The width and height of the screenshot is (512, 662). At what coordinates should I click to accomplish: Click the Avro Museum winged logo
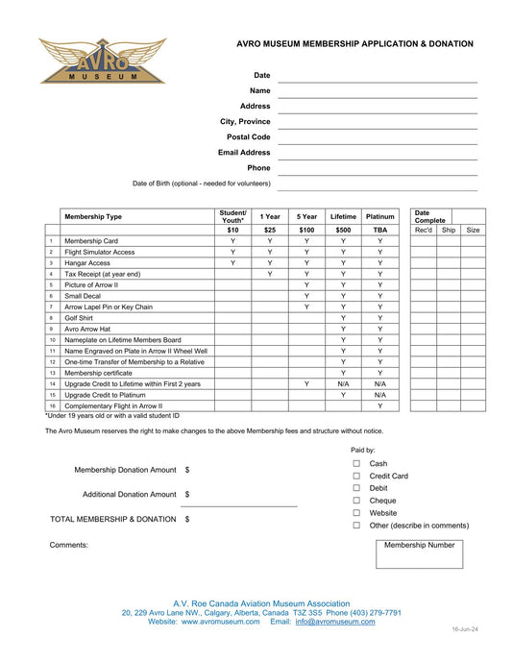103,61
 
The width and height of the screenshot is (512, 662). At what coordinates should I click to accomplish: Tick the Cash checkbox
356,463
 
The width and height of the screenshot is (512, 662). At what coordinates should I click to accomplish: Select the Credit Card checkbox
356,476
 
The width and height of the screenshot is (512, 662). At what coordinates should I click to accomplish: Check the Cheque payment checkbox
356,501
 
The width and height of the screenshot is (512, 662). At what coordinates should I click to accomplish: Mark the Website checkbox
356,513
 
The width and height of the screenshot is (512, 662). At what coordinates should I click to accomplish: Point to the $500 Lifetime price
343,231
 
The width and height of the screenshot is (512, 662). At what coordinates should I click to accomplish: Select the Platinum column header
380,217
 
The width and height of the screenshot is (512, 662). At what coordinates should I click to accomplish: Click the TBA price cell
380,231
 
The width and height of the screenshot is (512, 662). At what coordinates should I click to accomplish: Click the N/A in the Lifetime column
343,383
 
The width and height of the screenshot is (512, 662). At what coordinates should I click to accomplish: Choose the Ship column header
449,231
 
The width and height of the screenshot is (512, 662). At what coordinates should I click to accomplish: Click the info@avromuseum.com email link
335,622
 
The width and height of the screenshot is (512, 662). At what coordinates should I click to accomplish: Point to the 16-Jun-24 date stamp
465,629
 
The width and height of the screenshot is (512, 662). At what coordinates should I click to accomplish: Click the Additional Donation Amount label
130,494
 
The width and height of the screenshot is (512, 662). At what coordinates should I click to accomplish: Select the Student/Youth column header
232,217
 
